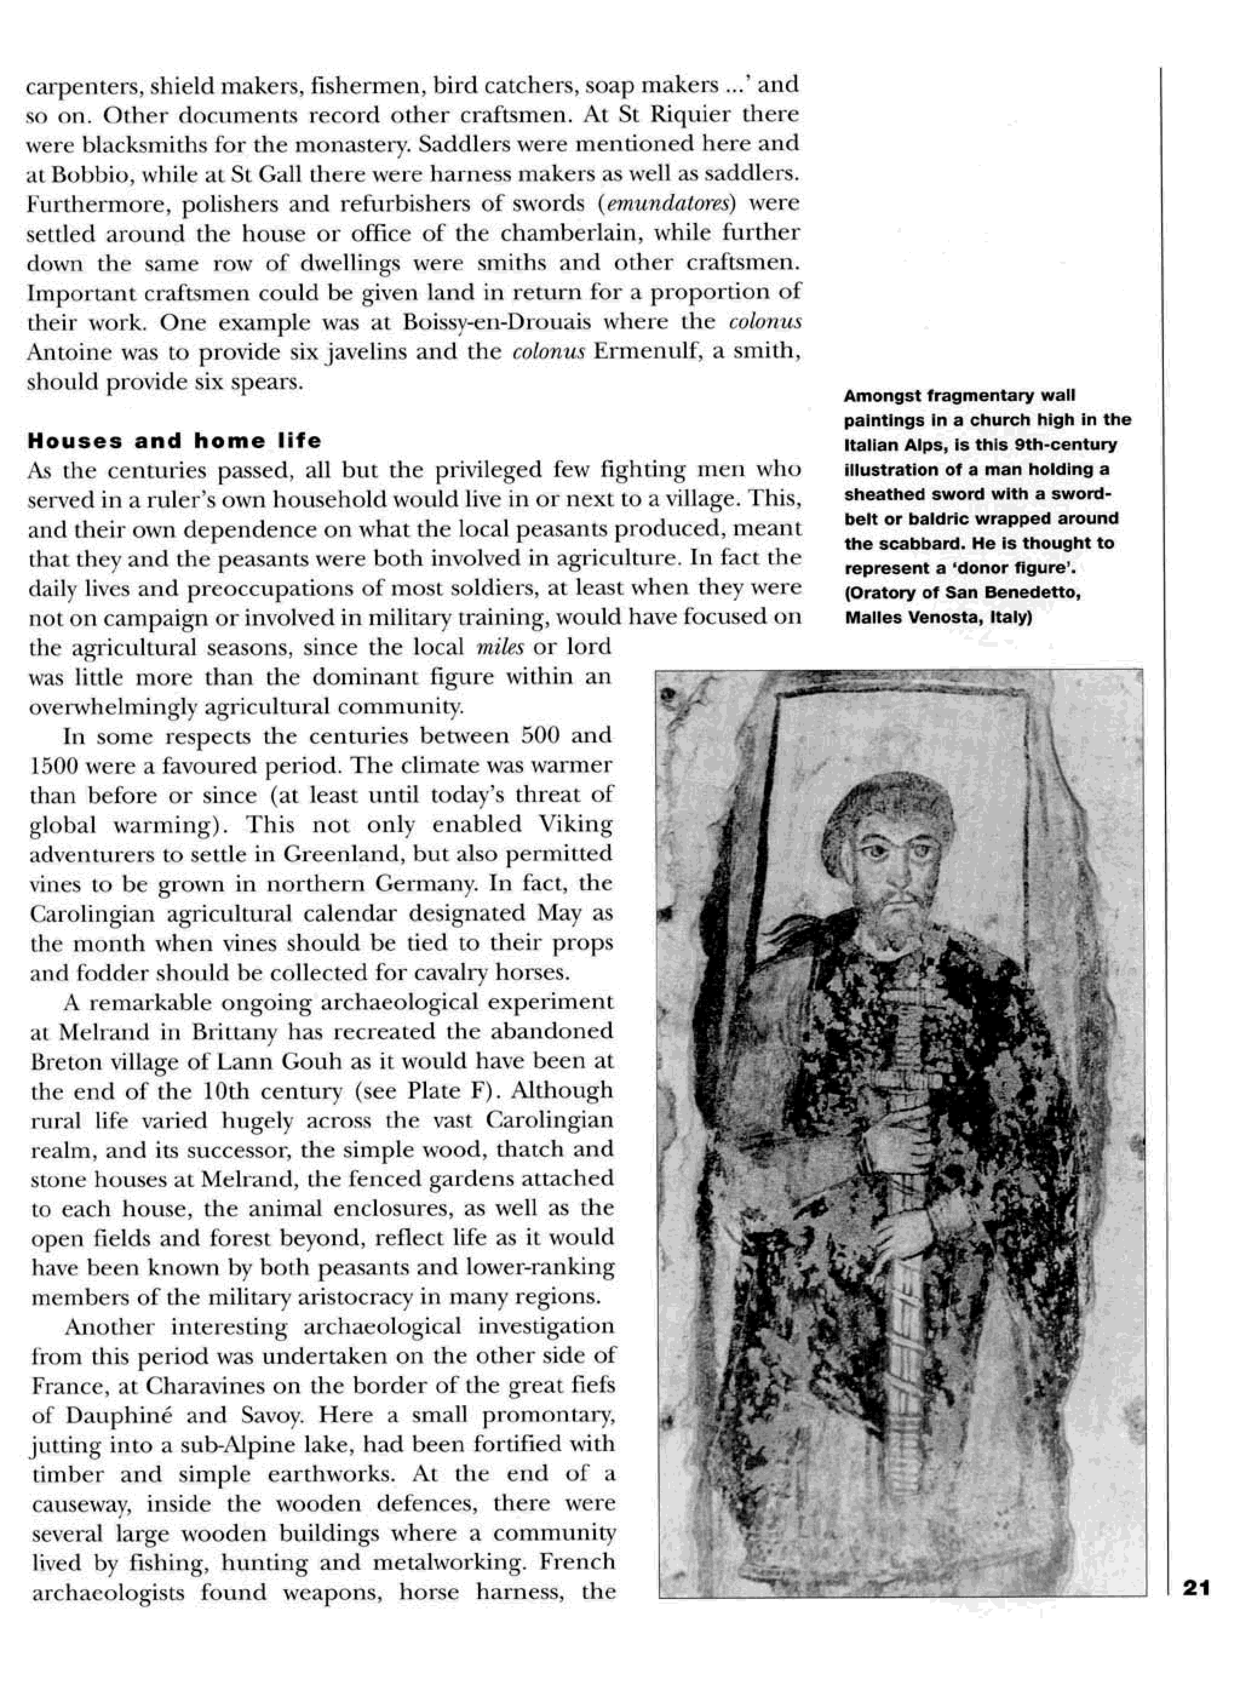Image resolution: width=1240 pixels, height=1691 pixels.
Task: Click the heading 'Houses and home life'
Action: tap(174, 441)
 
